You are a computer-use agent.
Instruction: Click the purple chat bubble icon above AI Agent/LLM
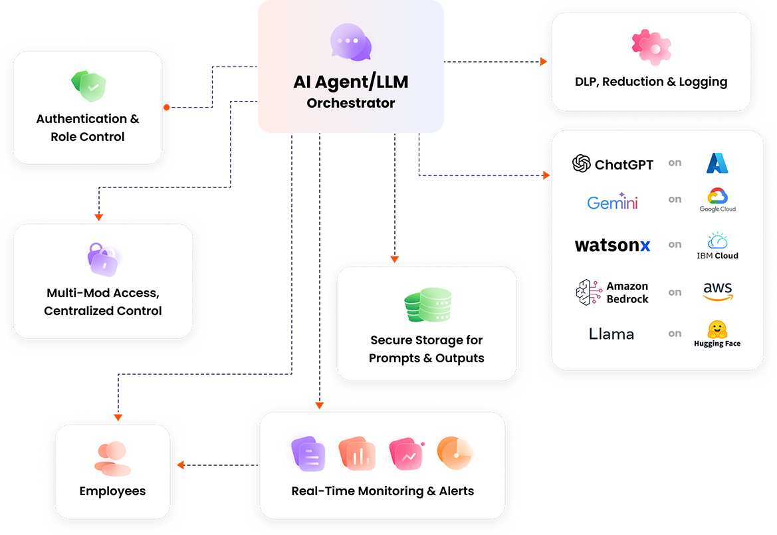(350, 43)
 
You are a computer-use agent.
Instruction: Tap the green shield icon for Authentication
(88, 86)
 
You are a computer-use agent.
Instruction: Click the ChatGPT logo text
(613, 164)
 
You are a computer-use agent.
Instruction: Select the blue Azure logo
(718, 163)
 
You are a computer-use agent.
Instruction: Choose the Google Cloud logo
(718, 199)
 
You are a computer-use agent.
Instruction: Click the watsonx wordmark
(612, 245)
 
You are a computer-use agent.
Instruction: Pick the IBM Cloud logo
(718, 245)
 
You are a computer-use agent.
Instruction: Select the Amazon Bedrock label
(612, 292)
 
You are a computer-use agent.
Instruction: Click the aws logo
(718, 291)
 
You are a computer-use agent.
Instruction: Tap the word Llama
(611, 334)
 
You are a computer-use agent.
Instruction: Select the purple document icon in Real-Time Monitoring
(308, 454)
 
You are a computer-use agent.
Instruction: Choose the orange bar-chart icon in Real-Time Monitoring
(357, 454)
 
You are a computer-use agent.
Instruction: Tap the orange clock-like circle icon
(455, 453)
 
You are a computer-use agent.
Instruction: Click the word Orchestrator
(350, 103)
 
